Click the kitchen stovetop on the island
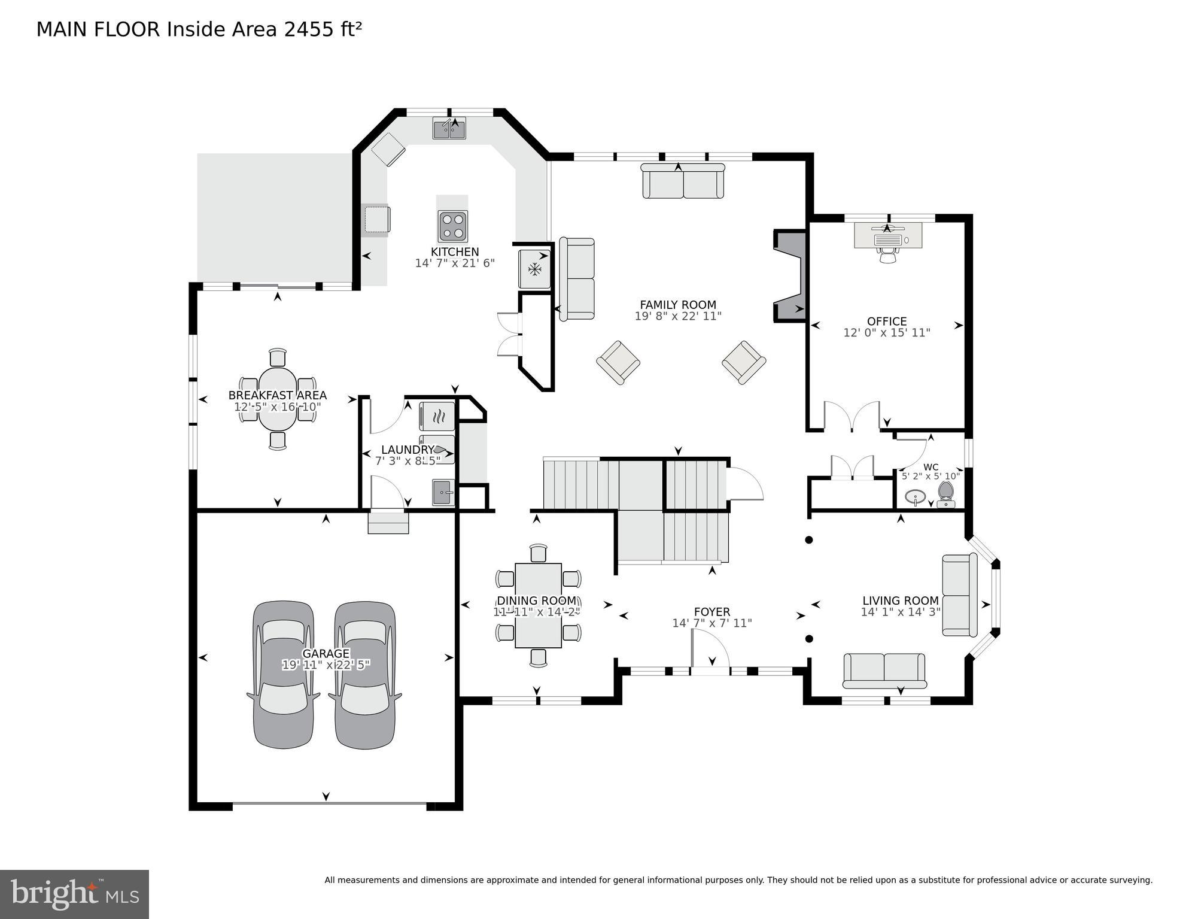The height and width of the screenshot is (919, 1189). coord(452,226)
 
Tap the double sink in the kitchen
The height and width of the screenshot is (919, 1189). coord(449,129)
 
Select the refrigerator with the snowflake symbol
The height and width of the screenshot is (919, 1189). coord(534,269)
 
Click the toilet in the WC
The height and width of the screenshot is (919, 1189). coord(946,494)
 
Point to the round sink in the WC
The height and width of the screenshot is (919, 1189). coord(916,496)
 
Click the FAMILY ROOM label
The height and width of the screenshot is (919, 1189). coord(677,305)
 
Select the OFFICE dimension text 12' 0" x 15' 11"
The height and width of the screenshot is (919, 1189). coord(886,333)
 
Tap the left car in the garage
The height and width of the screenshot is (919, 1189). coord(284,675)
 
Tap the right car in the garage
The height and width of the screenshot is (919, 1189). coord(365,675)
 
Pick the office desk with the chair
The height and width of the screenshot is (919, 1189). coord(887,235)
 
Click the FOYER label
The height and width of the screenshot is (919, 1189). coord(711,612)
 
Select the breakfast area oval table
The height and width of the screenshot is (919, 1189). coord(277,399)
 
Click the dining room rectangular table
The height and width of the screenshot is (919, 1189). coord(538,605)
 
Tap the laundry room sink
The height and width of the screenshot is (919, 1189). coord(443,493)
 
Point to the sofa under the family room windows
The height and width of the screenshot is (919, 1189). coord(683,181)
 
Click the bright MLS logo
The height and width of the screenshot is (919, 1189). coord(74,894)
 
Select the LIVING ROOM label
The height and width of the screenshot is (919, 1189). coord(900,600)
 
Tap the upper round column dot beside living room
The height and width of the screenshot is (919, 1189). coord(809,540)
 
